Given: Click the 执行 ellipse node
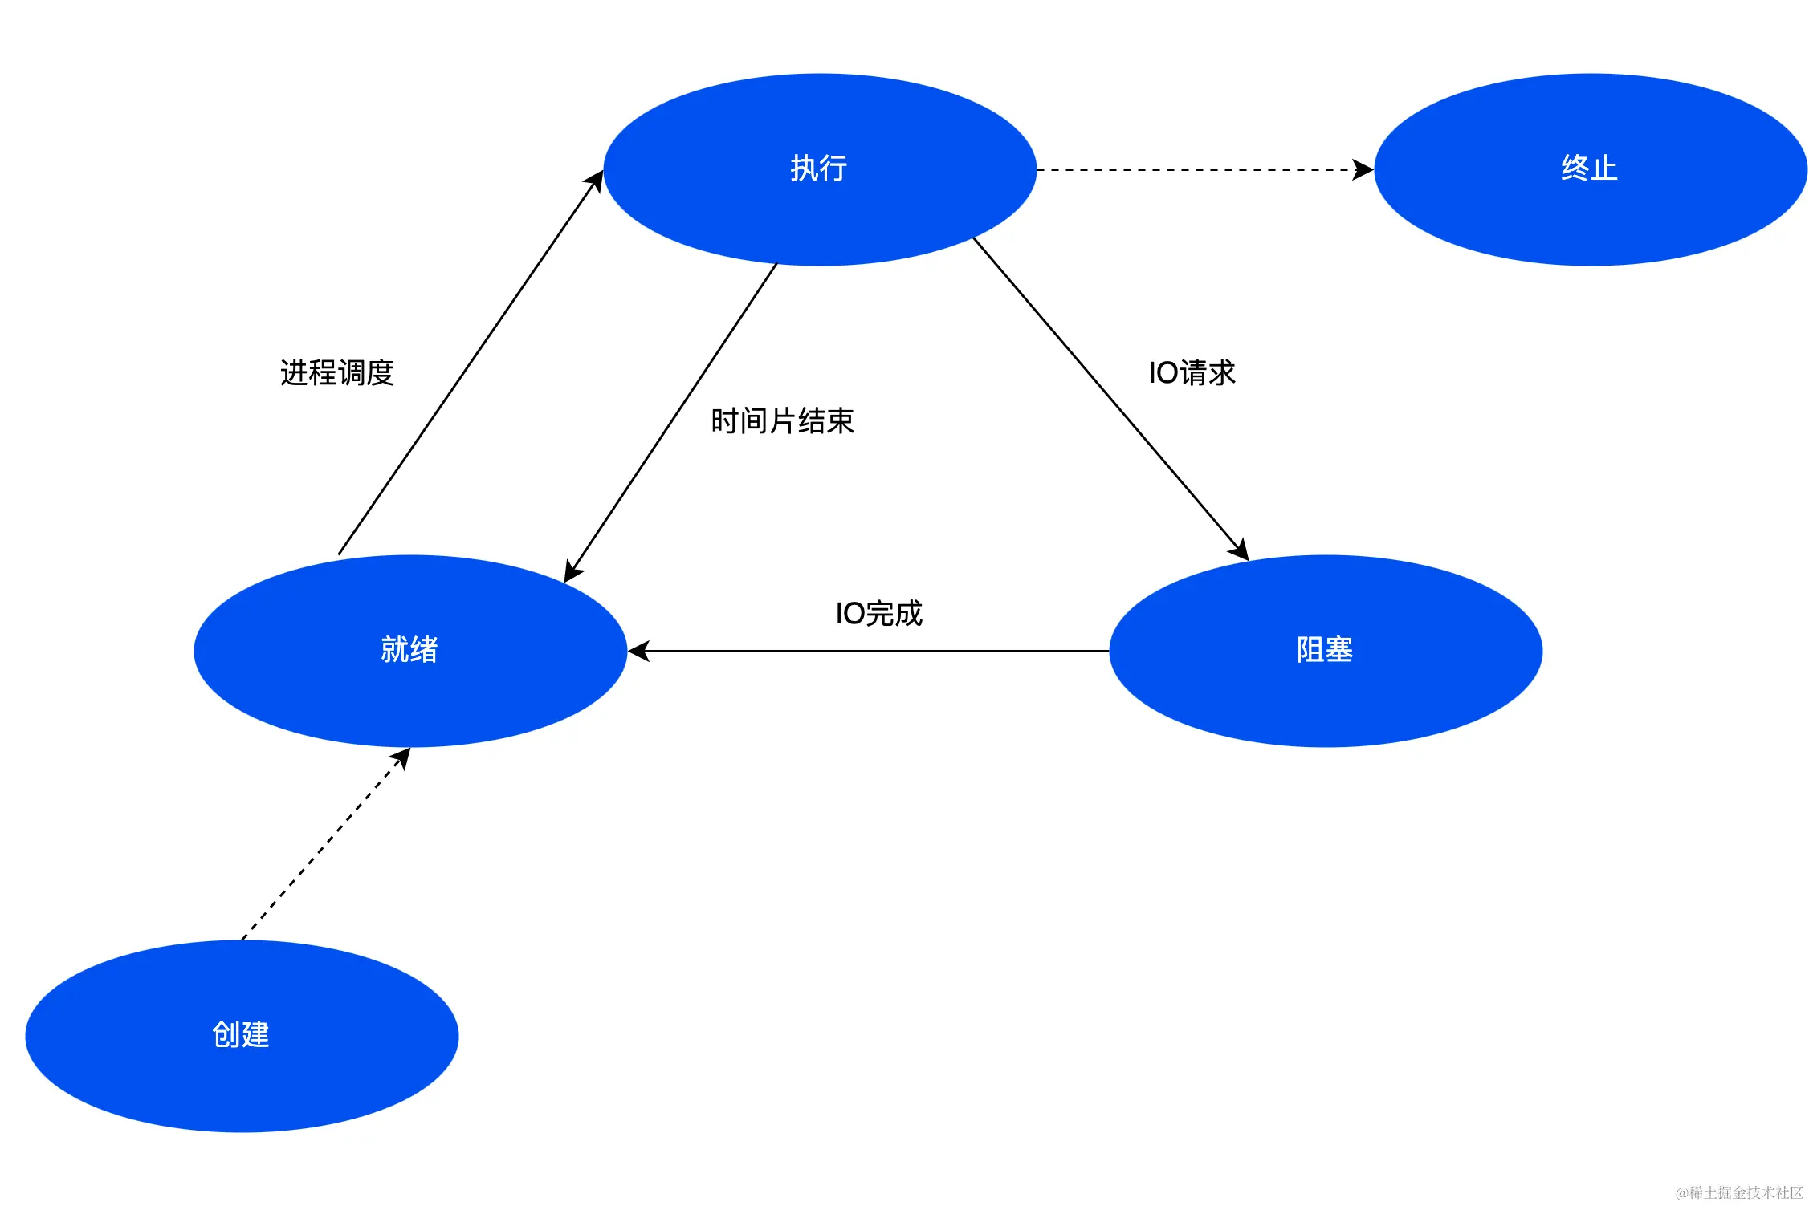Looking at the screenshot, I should click(x=819, y=169).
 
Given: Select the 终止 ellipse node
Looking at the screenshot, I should click(x=1590, y=169).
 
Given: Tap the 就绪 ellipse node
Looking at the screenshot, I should click(x=409, y=651).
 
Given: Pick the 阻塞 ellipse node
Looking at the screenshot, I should click(x=1325, y=651).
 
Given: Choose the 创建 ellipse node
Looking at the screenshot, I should click(x=241, y=1036).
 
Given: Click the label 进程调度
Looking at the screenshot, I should click(x=337, y=373).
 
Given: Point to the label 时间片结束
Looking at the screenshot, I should click(x=782, y=421).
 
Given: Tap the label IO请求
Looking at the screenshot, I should click(x=1192, y=373).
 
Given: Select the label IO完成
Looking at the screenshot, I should click(x=878, y=614).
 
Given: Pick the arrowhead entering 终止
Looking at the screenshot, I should click(x=1363, y=170).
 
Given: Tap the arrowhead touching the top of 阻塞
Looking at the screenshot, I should click(x=1240, y=550).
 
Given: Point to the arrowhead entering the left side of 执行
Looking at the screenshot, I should click(x=596, y=181).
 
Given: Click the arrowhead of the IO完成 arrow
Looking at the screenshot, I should click(x=638, y=652).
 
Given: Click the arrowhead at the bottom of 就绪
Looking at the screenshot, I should click(x=401, y=757).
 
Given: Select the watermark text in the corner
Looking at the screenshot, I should click(x=1739, y=1192).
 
